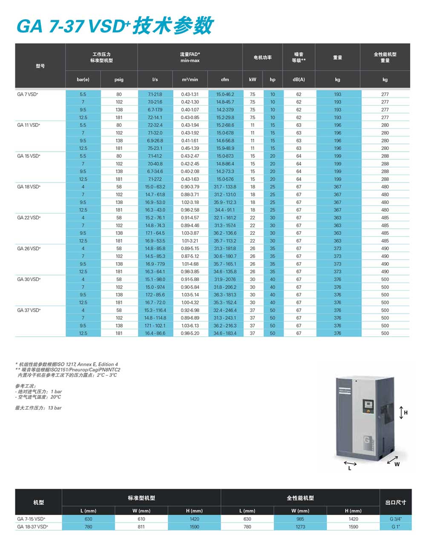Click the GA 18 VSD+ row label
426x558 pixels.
(x=29, y=187)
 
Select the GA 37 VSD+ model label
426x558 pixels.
(x=29, y=310)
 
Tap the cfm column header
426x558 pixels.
(x=225, y=80)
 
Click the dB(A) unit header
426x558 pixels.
(x=299, y=80)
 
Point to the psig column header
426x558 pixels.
(x=119, y=80)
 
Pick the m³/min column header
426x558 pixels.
(x=190, y=80)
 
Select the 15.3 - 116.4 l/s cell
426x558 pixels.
(x=155, y=310)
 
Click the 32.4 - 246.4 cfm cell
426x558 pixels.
(x=225, y=310)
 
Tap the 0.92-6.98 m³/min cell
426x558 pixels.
(x=190, y=310)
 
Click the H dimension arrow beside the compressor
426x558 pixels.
(x=401, y=412)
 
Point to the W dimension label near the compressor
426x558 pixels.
(x=397, y=464)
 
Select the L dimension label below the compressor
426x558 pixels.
(x=350, y=468)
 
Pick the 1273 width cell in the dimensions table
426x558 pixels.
(x=300, y=527)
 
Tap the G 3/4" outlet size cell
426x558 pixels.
(x=395, y=519)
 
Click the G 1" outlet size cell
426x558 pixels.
(x=395, y=527)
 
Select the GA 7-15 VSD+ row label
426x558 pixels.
(x=31, y=519)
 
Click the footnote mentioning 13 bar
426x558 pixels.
(x=38, y=408)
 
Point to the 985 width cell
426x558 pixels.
(x=300, y=519)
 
